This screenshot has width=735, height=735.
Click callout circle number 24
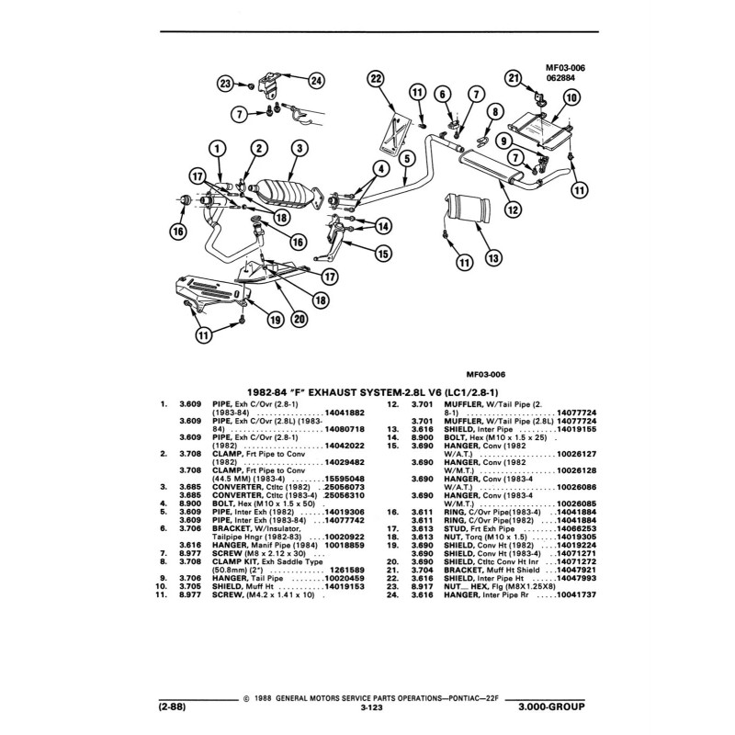(x=316, y=80)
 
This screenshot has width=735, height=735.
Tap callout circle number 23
(x=225, y=84)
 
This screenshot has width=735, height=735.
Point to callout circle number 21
(x=514, y=78)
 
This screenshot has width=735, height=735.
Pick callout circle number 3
(x=298, y=147)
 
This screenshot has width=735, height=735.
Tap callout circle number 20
(x=299, y=320)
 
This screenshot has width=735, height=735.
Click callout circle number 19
(x=274, y=320)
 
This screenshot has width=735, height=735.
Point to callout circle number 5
(x=404, y=160)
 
